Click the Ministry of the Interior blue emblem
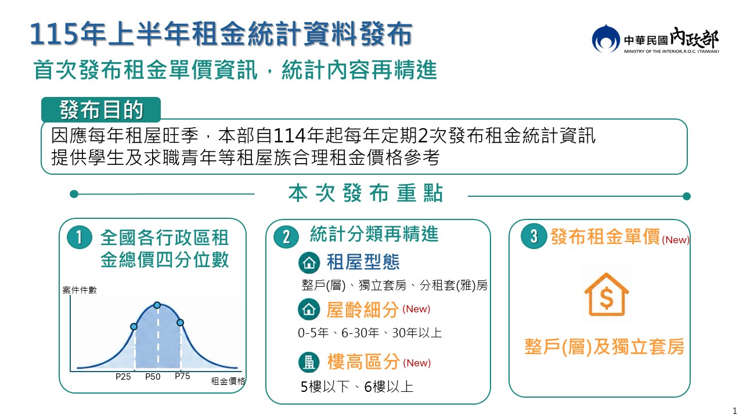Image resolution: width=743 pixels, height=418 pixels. pos(605,39)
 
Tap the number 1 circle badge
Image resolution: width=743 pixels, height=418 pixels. pos(80,237)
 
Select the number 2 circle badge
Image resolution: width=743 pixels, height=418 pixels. pos(286,237)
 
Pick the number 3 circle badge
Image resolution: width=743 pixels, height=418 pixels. pos(533,236)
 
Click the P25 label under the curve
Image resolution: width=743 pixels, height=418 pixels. pos(123,377)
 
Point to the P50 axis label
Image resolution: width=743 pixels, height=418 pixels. pos(153,377)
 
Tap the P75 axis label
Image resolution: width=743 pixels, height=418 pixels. pos(182,376)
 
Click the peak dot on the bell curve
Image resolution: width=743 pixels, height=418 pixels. pos(157,305)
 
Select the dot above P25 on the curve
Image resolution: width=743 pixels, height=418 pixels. pos(134,327)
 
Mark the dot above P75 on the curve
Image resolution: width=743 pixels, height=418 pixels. pos(180,322)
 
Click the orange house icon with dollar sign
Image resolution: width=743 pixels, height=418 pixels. pos(607,294)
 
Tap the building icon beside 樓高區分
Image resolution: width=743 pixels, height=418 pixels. pos(309,362)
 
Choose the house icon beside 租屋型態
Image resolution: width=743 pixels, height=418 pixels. pos(309,262)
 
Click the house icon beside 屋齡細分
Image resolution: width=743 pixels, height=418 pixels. pos(309,309)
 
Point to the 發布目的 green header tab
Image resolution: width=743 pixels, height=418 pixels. pos(101,110)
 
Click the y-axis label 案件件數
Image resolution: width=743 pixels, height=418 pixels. pos(80,290)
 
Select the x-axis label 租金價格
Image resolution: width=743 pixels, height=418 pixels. pos(228,381)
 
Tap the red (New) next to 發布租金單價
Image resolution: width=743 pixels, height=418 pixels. pos(675,240)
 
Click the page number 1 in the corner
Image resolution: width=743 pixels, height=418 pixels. pos(734,410)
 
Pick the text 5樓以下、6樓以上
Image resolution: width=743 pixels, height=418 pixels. pos(356,387)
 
